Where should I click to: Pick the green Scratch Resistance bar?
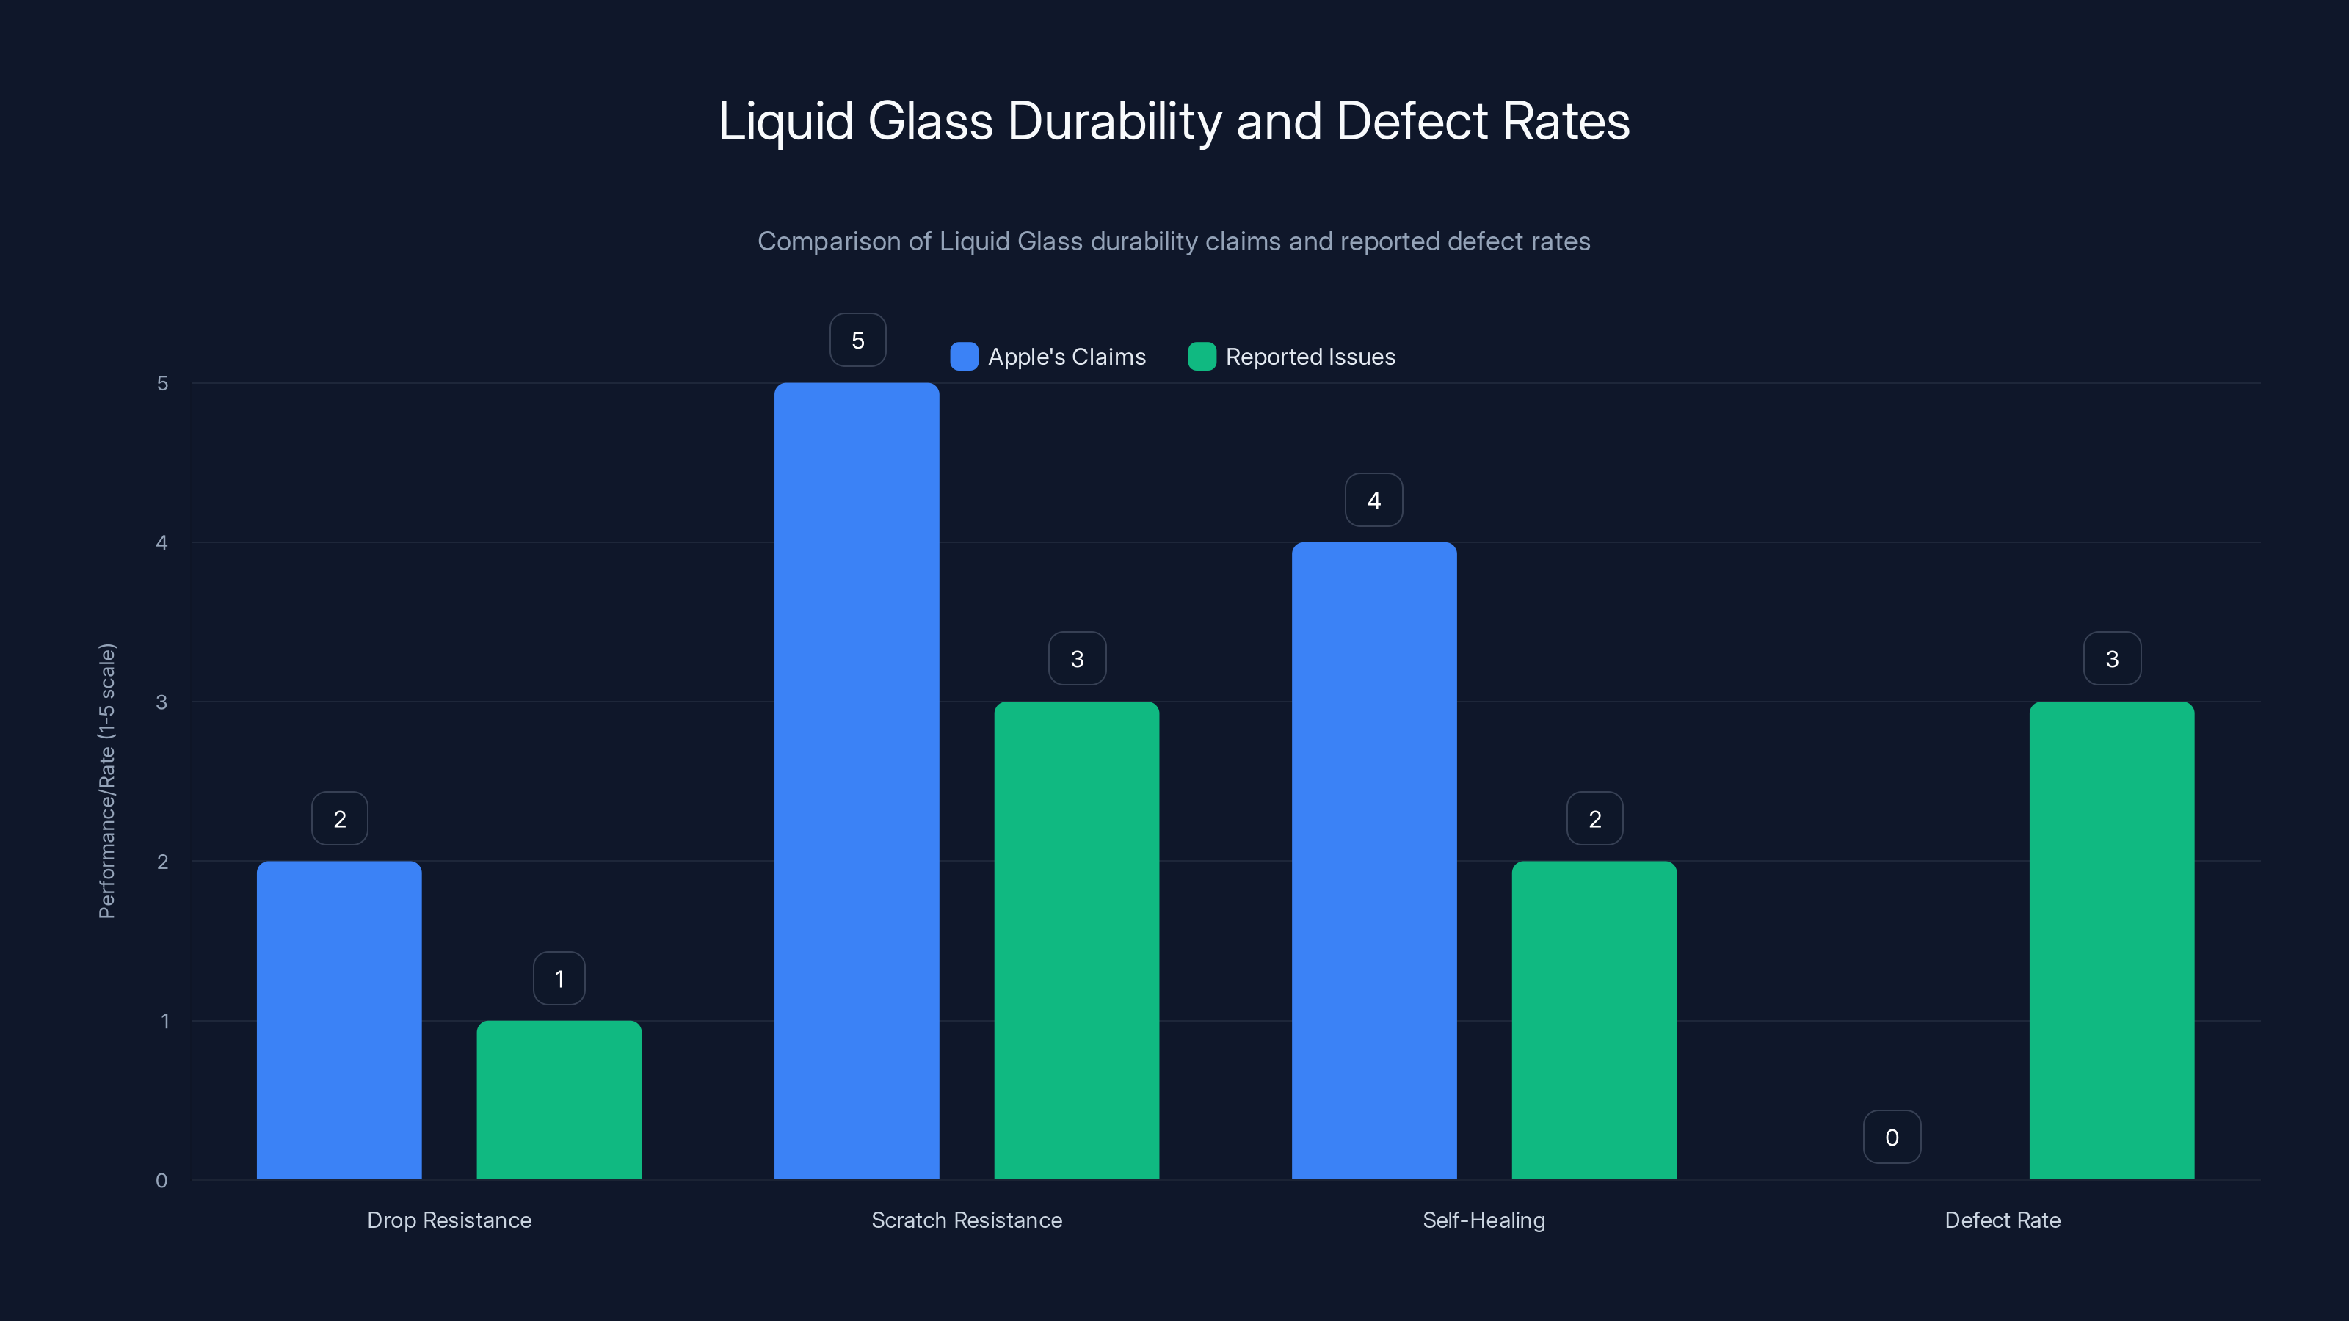pos(1076,940)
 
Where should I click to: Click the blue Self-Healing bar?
pos(1373,861)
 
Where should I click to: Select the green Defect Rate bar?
pos(2111,940)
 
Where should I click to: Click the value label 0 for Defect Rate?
pos(1891,1137)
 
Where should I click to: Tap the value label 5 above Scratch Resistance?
pos(857,340)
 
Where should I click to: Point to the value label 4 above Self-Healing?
pos(1373,500)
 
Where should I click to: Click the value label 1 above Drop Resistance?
pos(559,978)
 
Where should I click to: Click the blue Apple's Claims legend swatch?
pos(964,357)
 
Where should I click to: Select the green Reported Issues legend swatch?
pos(1202,357)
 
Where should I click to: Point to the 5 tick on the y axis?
pos(162,383)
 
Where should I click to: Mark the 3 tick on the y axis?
pos(162,702)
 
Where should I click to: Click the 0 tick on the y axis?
pos(162,1181)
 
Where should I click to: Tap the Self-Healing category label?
pos(1484,1220)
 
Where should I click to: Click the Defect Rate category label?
pos(2003,1220)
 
